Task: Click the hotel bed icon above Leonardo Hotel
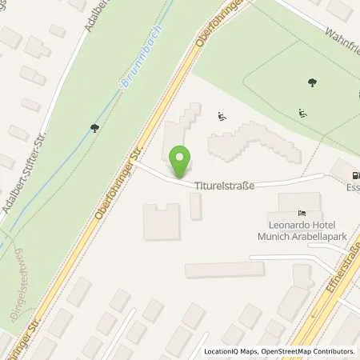tap(301, 213)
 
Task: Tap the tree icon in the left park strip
tap(94, 126)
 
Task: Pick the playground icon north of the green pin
tap(222, 118)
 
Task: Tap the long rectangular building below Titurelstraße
tap(224, 270)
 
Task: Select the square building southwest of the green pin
tap(161, 221)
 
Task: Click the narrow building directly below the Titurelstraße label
tap(195, 206)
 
